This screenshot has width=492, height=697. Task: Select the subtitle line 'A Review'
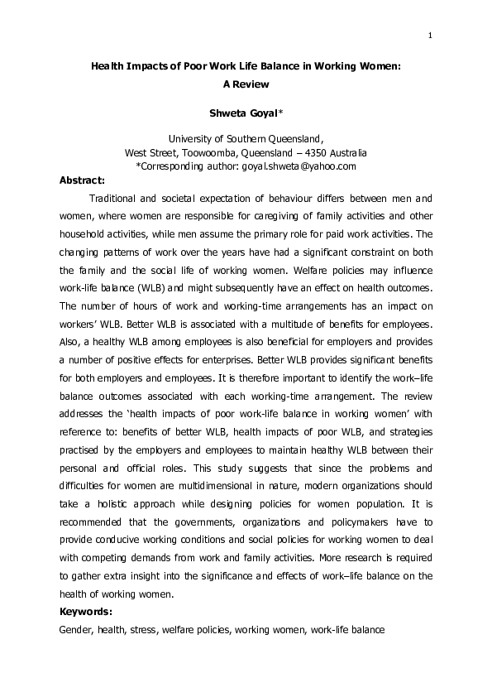[x=246, y=84]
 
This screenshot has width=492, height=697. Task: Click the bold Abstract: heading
[x=83, y=180]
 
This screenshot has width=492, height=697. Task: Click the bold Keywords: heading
[x=86, y=612]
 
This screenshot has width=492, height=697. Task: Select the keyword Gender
[x=76, y=630]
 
